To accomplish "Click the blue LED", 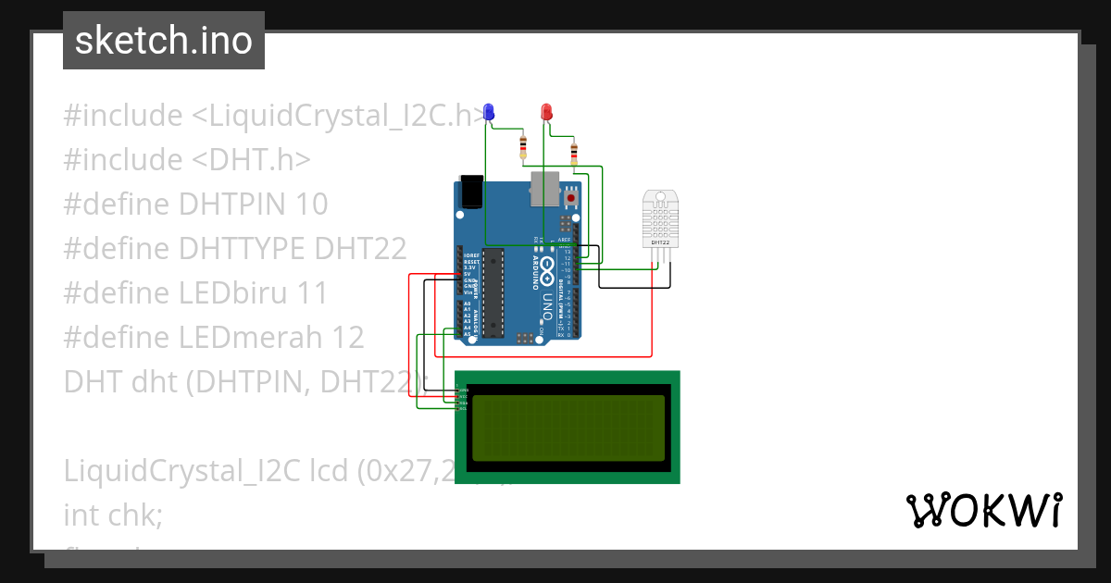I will pyautogui.click(x=489, y=112).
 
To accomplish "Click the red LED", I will pyautogui.click(x=546, y=112).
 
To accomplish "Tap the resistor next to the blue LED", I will pyautogui.click(x=523, y=146).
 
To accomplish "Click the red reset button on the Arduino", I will pyautogui.click(x=571, y=197).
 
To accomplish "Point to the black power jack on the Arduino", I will pyautogui.click(x=472, y=191).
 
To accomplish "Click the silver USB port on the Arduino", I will pyautogui.click(x=544, y=189).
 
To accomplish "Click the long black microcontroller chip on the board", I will pyautogui.click(x=493, y=291).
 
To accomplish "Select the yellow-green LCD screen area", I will pyautogui.click(x=568, y=428).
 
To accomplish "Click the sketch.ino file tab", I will pyautogui.click(x=164, y=41).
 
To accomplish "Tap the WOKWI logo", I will pyautogui.click(x=983, y=510).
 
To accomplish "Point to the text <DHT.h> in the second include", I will pyautogui.click(x=251, y=160).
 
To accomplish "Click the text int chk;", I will pyautogui.click(x=113, y=515).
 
